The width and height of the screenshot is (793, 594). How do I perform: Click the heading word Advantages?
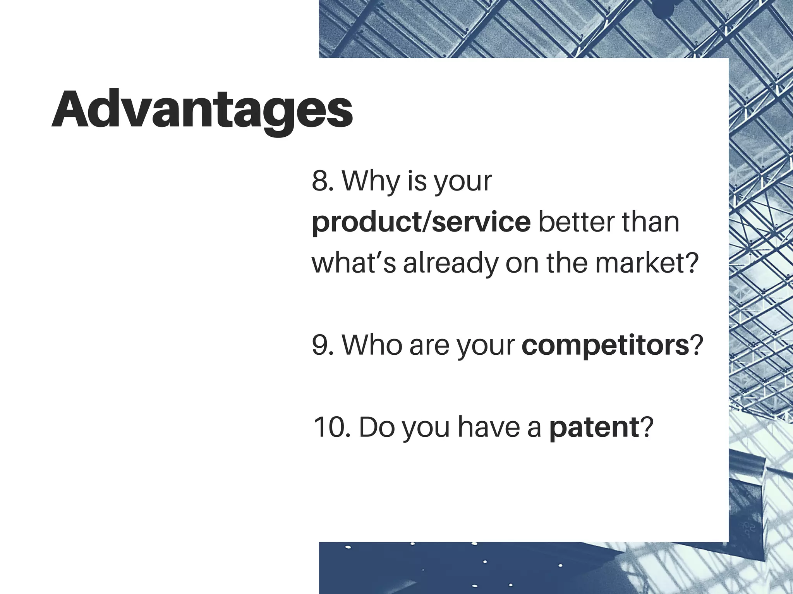(x=202, y=110)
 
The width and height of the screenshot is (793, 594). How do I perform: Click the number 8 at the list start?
(x=320, y=181)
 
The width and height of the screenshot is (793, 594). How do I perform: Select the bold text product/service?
(x=421, y=223)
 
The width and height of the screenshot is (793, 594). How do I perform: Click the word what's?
(x=354, y=263)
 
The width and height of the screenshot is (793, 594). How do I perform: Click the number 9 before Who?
(x=320, y=345)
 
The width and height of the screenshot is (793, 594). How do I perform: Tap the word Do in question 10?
(x=374, y=427)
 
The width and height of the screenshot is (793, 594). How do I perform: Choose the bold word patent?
(x=594, y=427)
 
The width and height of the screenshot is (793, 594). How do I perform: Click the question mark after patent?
(x=647, y=427)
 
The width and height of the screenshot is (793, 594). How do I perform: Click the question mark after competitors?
(x=696, y=345)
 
